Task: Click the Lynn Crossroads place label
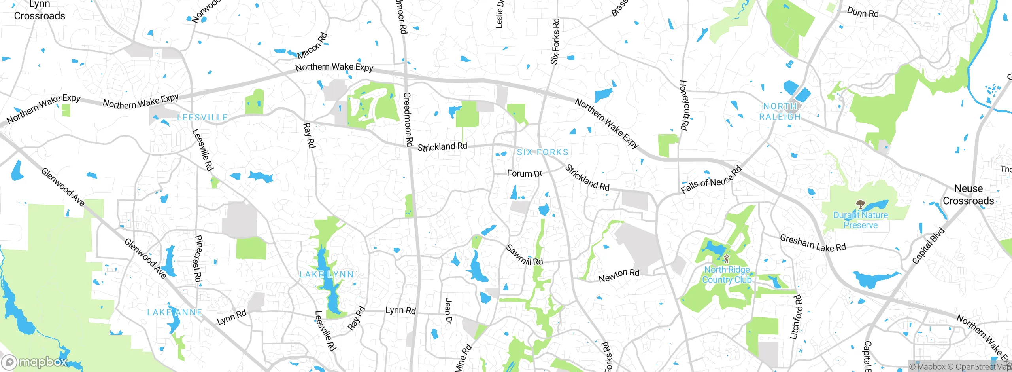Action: [40, 10]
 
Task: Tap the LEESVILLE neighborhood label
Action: [202, 118]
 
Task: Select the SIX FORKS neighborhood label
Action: [542, 152]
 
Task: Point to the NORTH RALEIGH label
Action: [780, 112]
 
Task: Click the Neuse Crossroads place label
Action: [968, 195]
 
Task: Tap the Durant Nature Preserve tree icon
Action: [860, 204]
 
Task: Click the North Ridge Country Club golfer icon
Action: [727, 259]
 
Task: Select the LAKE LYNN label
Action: [327, 275]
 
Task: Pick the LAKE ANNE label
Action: [174, 313]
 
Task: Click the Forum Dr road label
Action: [524, 174]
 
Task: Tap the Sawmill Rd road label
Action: [525, 255]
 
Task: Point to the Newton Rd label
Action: [619, 275]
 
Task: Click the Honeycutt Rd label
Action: [683, 105]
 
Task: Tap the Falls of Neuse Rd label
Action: [711, 180]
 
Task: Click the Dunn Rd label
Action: [863, 13]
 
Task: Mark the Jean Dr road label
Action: [448, 311]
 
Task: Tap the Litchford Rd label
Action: [796, 317]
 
